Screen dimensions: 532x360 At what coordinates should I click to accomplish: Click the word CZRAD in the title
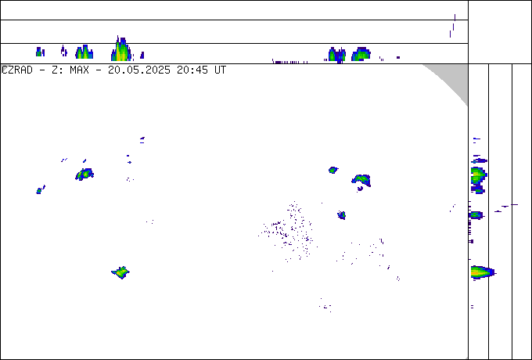[x=17, y=70]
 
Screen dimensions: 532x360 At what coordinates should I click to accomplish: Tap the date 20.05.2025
[x=139, y=70]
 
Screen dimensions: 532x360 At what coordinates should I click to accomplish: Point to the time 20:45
[x=192, y=70]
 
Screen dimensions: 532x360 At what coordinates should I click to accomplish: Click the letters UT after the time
[x=220, y=70]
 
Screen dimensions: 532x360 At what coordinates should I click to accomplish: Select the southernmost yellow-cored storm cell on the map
[x=120, y=272]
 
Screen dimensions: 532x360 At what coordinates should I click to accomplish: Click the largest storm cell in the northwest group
[x=84, y=174]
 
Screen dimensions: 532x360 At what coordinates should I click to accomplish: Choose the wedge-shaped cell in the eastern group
[x=361, y=179]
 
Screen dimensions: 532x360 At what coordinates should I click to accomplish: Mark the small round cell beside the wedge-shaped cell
[x=333, y=170]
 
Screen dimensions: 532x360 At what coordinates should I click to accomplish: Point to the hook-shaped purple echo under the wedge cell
[x=360, y=189]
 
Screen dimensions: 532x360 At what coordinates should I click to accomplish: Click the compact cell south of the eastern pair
[x=342, y=214]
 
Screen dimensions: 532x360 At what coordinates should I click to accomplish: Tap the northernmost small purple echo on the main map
[x=142, y=140]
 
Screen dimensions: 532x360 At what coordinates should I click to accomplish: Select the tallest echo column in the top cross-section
[x=121, y=49]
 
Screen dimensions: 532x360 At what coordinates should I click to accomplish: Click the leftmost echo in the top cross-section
[x=40, y=52]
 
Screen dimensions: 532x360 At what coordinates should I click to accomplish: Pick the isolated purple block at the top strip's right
[x=398, y=57]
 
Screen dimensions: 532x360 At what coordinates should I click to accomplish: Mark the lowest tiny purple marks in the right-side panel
[x=472, y=307]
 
